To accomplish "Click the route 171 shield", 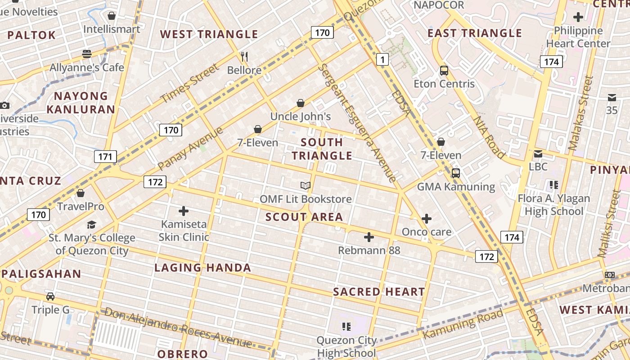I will (105, 157).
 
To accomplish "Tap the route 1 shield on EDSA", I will (382, 59).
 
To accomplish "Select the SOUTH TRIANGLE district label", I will (322, 149).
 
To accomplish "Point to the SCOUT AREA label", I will (304, 217).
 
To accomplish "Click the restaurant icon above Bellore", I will (244, 56).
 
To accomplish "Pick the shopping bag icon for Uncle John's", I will (301, 103).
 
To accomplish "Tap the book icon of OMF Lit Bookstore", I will (306, 185).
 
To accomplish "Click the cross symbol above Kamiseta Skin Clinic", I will (184, 211).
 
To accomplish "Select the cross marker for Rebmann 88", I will (369, 237).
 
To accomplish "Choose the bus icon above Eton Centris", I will (444, 71).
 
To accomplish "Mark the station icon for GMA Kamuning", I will (456, 173).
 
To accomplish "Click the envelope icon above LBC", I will (538, 154).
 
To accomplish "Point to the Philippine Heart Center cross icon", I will (578, 18).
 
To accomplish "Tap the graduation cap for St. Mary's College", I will (92, 224).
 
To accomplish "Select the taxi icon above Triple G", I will (50, 296).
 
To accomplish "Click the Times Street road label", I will (189, 83).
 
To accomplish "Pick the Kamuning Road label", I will (463, 324).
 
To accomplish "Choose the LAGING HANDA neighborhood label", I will (202, 268).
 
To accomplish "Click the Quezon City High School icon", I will (346, 326).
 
